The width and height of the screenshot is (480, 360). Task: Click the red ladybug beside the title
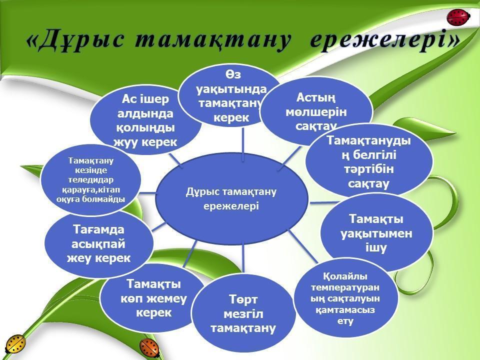[458, 18]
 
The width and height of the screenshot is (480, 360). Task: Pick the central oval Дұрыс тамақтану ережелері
[231, 198]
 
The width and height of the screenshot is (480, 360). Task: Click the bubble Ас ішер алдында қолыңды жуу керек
[145, 120]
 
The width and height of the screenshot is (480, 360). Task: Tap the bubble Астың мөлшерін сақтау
[316, 111]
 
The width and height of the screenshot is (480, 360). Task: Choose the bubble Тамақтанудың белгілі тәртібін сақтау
[369, 161]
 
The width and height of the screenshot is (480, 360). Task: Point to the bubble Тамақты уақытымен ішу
[376, 233]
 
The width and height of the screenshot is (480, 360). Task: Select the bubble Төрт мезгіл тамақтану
[243, 313]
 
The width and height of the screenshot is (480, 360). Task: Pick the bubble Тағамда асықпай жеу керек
[98, 244]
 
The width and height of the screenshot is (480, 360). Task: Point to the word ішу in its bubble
[376, 247]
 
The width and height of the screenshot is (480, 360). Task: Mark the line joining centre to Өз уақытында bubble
[243, 142]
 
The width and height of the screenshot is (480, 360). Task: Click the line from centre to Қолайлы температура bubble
[303, 247]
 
